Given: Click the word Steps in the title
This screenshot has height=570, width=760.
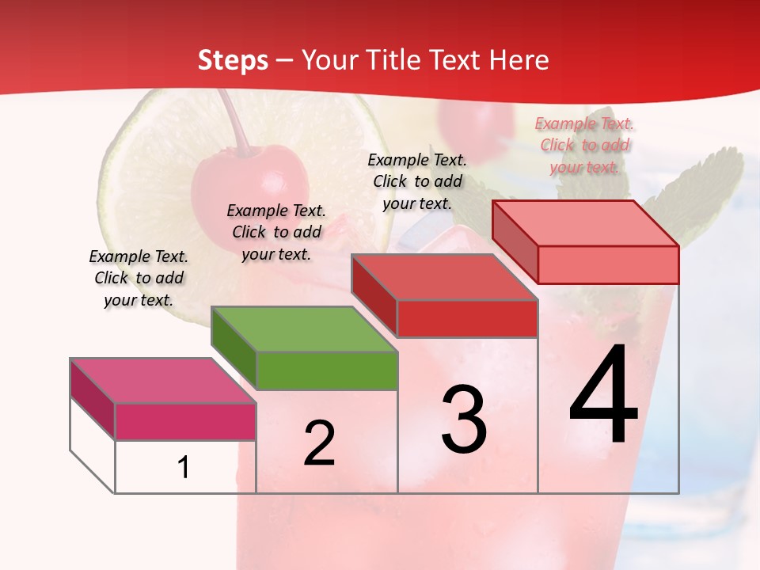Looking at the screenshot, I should [x=233, y=60].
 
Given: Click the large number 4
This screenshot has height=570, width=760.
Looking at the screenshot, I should [x=603, y=396].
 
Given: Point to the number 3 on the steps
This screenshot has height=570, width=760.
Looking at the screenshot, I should [x=463, y=420].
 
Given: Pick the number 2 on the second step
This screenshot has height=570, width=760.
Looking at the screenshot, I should [x=319, y=443].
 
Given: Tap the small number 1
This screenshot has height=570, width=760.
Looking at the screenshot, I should [x=184, y=468].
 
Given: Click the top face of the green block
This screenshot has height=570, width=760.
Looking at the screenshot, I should [x=304, y=329].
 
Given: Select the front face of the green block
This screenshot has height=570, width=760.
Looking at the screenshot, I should [x=327, y=370].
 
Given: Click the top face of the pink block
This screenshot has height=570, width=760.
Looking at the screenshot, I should [x=162, y=381].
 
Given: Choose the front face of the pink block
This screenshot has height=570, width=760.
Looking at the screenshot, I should [x=185, y=421].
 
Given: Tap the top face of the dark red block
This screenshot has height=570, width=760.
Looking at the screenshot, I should [x=444, y=277].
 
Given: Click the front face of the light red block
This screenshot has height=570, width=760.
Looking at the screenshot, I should [x=608, y=264].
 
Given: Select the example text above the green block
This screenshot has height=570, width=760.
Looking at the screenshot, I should [x=276, y=232].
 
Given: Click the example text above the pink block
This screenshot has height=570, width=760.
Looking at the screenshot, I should [x=139, y=278].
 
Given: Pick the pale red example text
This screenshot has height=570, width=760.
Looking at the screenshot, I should [x=584, y=145].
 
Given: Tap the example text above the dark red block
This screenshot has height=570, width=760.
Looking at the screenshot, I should [x=417, y=181].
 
